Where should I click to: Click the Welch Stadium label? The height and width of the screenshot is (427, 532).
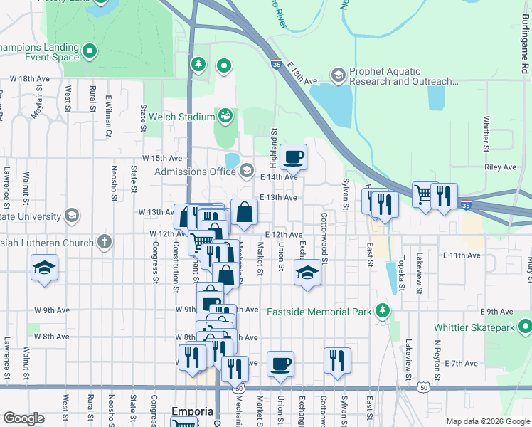pyautogui.click(x=186, y=117)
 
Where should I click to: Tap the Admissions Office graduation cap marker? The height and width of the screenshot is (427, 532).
pyautogui.click(x=246, y=171)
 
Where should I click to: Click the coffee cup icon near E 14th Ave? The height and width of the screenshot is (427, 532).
pyautogui.click(x=293, y=157)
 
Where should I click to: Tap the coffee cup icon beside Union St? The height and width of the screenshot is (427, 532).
pyautogui.click(x=280, y=364)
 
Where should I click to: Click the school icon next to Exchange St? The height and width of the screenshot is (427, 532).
pyautogui.click(x=307, y=273)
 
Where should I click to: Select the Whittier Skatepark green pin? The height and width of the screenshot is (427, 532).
pyautogui.click(x=525, y=327)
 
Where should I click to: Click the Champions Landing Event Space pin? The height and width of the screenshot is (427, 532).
pyautogui.click(x=90, y=51)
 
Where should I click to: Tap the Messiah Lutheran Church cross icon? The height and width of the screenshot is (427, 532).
pyautogui.click(x=105, y=242)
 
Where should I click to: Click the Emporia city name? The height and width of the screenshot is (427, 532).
pyautogui.click(x=193, y=411)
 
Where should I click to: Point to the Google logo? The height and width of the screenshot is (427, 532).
pyautogui.click(x=23, y=418)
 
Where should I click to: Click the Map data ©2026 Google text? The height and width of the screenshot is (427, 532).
pyautogui.click(x=487, y=421)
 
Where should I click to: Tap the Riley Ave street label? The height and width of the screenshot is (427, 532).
pyautogui.click(x=499, y=167)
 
